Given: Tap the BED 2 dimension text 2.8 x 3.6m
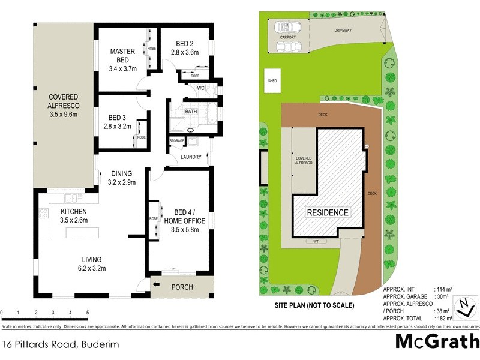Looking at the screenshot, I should (x=184, y=53).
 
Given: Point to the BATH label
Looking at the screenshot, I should (x=191, y=112).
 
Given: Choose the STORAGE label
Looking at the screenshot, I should (x=177, y=141).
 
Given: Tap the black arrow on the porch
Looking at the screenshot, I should (x=157, y=285).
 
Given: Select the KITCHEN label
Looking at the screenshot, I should (x=74, y=212).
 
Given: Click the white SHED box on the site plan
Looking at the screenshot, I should (x=272, y=82).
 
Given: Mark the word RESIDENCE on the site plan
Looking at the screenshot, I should (x=328, y=212).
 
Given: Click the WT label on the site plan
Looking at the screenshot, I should (x=315, y=242).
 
